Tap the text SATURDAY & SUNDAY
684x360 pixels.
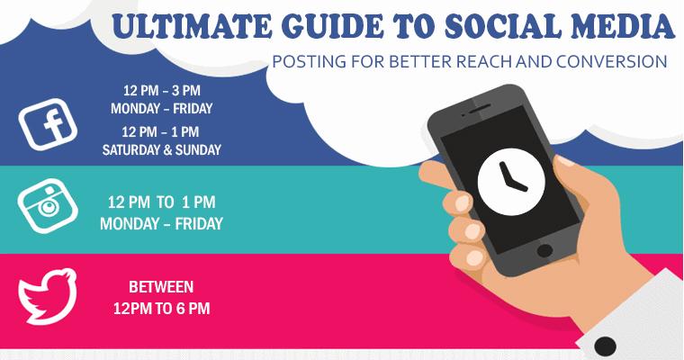tap(161, 149)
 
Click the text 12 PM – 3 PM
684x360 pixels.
tap(161, 91)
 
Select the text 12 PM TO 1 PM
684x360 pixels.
tap(161, 202)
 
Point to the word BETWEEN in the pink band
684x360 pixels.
tap(161, 288)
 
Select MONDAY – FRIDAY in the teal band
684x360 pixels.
tap(161, 222)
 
